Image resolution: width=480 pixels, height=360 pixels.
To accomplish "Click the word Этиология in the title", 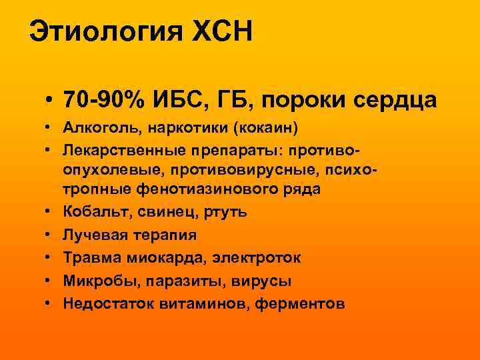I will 106,31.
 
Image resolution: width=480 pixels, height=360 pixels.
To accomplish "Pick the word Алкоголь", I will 93,127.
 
